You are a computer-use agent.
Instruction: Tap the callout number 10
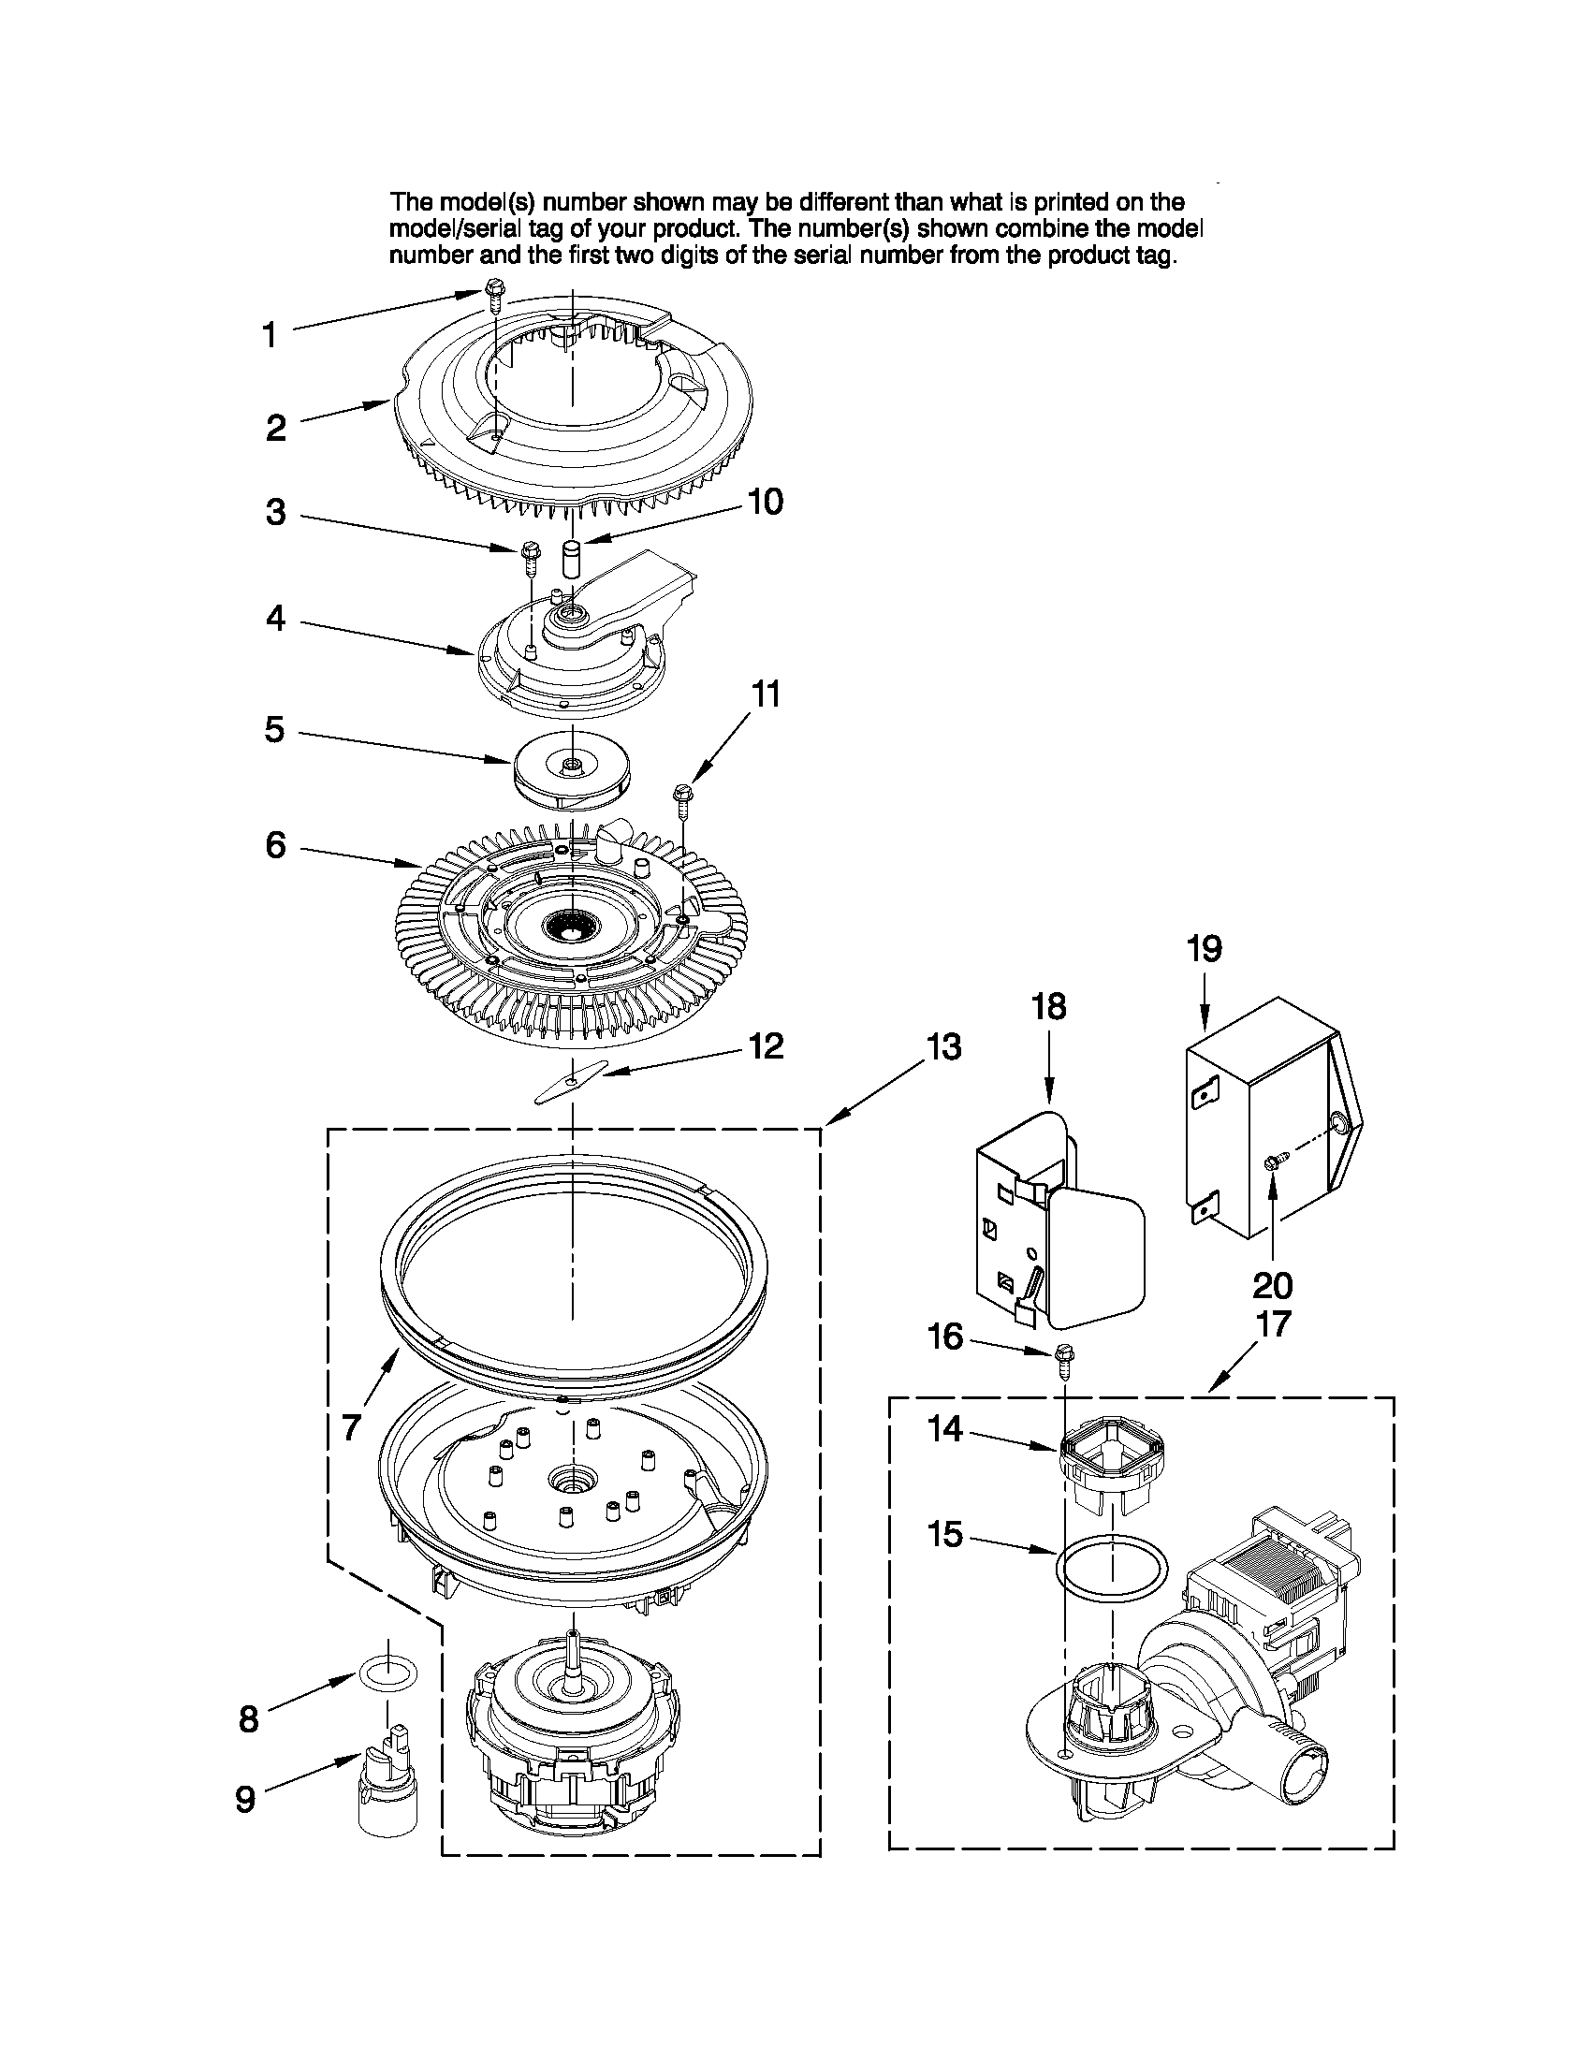(765, 502)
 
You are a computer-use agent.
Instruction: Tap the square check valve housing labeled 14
(1103, 1460)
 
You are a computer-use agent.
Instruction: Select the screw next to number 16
(1066, 1359)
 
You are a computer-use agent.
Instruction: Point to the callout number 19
(1205, 948)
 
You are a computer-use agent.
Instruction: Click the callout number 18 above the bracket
(1049, 1006)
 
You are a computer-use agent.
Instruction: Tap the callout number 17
(1273, 1324)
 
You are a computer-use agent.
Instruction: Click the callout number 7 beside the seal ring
(351, 1427)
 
